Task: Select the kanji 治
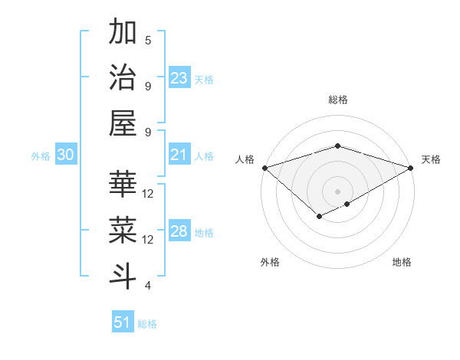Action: [123, 77]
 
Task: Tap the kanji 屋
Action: [123, 122]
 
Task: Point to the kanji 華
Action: [123, 184]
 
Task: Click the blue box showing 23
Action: [179, 79]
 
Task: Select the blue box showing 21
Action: [179, 155]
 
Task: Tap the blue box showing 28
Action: [179, 232]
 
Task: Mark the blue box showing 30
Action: [66, 155]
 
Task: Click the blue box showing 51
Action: [123, 322]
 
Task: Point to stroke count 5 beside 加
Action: [148, 40]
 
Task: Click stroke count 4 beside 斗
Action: [148, 286]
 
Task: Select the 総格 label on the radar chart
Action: [337, 100]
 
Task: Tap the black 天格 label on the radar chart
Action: [431, 159]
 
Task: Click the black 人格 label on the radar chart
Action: [245, 159]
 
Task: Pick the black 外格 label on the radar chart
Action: [269, 262]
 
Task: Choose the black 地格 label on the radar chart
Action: [402, 262]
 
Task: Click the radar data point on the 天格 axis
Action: [411, 168]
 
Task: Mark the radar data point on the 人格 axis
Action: [264, 168]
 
